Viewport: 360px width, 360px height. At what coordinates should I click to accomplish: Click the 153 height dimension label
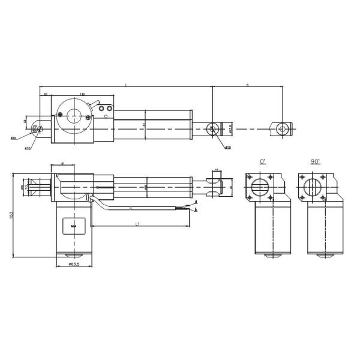[x=12, y=215]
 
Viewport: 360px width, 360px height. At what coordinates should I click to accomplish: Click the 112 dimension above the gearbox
[x=82, y=94]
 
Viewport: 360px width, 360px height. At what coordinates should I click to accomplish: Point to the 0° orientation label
[x=262, y=162]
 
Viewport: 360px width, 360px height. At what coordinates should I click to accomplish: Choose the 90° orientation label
[x=316, y=162]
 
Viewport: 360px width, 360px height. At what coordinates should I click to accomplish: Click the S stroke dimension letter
[x=247, y=85]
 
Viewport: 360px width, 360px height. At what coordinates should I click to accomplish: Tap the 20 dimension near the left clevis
[x=45, y=94]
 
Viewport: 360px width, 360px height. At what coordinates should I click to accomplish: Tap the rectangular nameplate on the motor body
[x=73, y=226]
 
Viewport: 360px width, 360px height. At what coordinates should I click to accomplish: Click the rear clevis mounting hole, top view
[x=37, y=128]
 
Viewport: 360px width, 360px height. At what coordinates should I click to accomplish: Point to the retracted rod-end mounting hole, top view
[x=212, y=128]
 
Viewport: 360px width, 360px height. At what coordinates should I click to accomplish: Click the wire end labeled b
[x=196, y=210]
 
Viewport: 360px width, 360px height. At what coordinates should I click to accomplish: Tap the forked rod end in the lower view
[x=213, y=186]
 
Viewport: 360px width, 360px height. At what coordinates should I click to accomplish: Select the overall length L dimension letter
[x=126, y=85]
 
